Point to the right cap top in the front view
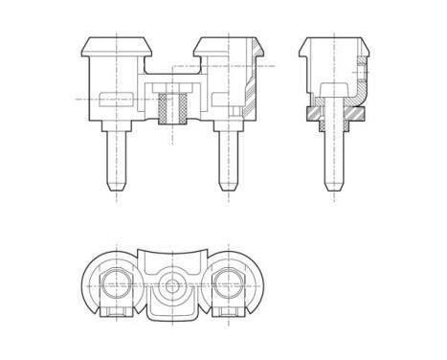point(227,45)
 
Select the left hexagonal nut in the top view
point(117,283)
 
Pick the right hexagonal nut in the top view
point(227,283)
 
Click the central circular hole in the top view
point(172,284)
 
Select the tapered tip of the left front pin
point(117,182)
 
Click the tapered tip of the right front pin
point(227,182)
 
